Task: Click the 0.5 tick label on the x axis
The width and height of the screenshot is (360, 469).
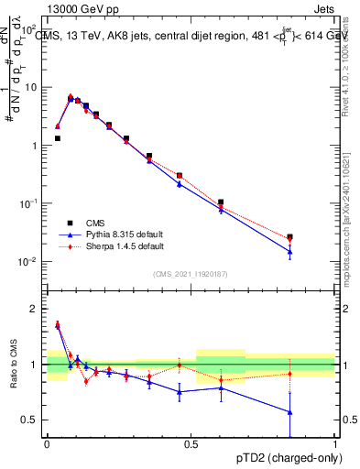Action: click(x=191, y=443)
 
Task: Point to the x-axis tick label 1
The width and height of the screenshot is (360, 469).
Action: click(x=336, y=443)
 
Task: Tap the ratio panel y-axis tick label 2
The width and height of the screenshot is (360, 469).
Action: click(x=33, y=309)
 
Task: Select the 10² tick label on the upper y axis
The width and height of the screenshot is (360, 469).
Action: click(x=30, y=28)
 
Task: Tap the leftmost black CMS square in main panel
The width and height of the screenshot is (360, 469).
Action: click(x=58, y=138)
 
